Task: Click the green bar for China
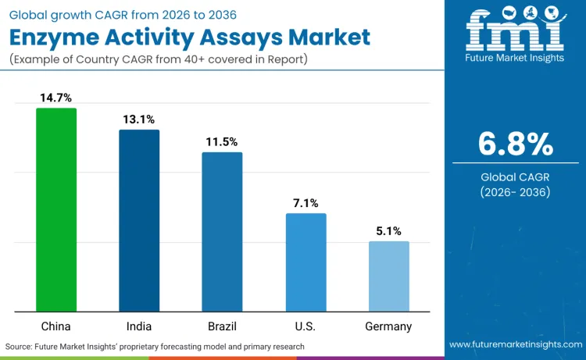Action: pos(56,210)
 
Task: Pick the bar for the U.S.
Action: pos(306,262)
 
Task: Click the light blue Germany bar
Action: pos(388,276)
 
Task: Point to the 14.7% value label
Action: pos(56,98)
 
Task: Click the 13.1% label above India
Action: pos(139,119)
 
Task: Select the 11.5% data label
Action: pos(222,142)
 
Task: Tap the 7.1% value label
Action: pos(306,203)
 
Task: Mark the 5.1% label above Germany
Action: pos(388,231)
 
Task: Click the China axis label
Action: pos(56,326)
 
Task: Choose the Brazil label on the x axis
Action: pos(222,326)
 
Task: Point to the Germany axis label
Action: pos(388,326)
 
